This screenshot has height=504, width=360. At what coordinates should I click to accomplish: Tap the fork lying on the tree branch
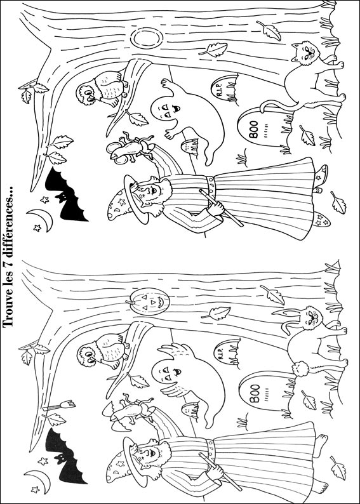[x=60, y=406]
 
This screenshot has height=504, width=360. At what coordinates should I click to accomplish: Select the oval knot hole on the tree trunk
[x=147, y=38]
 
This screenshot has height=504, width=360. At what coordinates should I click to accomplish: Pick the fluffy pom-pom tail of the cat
[x=300, y=369]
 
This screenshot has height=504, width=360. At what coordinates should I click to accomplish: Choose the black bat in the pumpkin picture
[x=67, y=456]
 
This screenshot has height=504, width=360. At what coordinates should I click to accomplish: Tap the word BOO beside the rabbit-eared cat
[x=255, y=394]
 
